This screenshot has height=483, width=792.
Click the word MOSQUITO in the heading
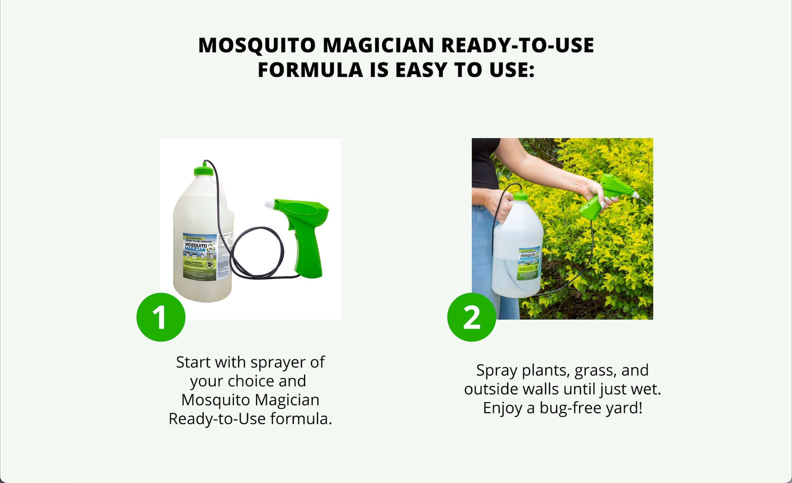pos(257,45)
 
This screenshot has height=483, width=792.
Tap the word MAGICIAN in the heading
pos(378,45)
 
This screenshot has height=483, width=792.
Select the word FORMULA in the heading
pos(310,70)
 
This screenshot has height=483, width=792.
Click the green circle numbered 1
pos(161,317)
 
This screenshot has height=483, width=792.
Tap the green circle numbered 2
pos(472,317)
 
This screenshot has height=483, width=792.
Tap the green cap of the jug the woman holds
pos(520,197)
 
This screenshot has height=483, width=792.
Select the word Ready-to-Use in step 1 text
pos(217,419)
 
